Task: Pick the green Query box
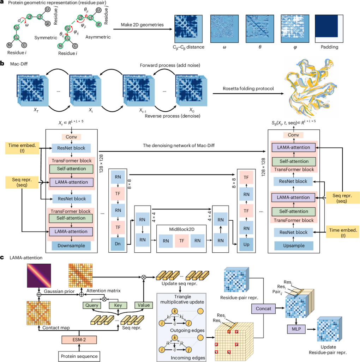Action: coord(90,305)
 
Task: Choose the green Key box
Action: coord(117,305)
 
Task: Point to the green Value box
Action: coord(144,305)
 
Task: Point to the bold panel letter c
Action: coord(3,258)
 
